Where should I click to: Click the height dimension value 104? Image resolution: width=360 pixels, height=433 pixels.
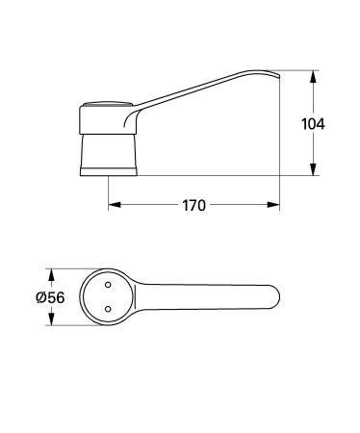point(313,124)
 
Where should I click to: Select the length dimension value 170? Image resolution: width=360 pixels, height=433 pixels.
point(194,205)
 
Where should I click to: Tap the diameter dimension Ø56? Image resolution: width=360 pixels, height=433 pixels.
point(49,298)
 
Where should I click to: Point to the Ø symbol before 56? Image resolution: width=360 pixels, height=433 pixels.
point(40,298)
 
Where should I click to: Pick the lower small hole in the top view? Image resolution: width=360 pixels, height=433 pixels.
point(107,309)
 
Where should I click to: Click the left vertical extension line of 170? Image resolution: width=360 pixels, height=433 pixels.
point(107,192)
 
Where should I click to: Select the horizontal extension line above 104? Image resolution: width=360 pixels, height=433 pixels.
point(298,71)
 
